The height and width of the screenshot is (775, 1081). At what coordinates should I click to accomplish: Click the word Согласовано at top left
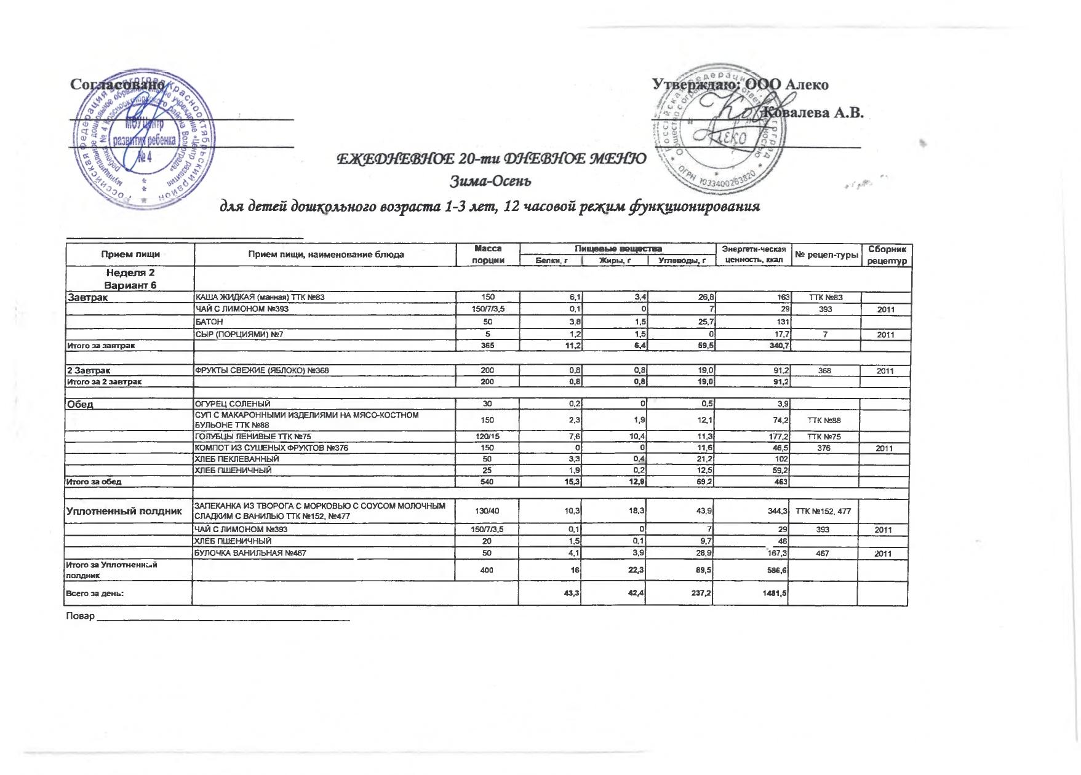tap(117, 84)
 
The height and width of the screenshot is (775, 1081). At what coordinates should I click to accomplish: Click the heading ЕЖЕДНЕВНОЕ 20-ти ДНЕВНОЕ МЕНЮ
tap(490, 159)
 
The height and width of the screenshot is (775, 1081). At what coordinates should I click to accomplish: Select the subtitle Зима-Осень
tap(490, 182)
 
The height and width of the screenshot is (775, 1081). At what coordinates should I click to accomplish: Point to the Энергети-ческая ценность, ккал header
tap(753, 255)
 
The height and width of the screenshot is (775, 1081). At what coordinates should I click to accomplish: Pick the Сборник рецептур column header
tap(887, 255)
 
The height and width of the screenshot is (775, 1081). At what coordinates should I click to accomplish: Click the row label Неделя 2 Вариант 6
tap(130, 279)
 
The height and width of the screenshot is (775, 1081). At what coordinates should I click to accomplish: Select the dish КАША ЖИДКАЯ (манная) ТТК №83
tap(259, 298)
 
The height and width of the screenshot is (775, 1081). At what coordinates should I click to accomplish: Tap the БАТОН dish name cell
tap(209, 322)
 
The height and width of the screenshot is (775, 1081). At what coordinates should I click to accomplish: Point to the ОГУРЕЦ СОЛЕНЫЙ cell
tap(233, 404)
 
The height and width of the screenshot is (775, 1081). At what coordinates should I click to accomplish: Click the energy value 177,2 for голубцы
tap(777, 437)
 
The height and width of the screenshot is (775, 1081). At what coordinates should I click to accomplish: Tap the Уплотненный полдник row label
tap(124, 511)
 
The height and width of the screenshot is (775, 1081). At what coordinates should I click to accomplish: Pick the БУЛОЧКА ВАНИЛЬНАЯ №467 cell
tap(250, 554)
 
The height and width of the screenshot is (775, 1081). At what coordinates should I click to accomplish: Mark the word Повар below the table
tap(80, 616)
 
